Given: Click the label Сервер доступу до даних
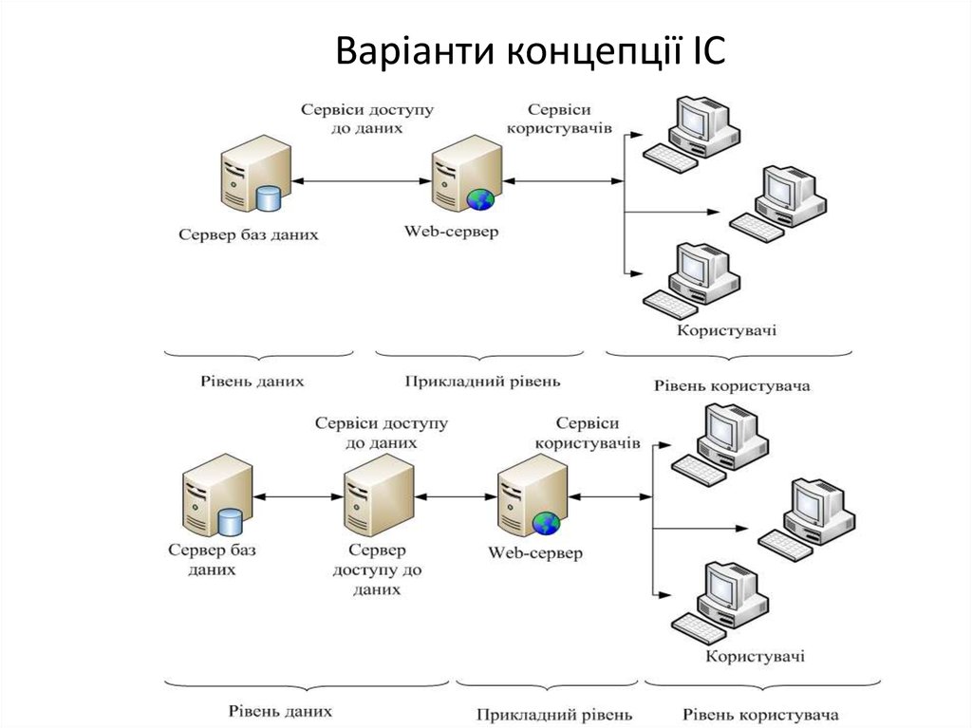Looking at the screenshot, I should point(377,569).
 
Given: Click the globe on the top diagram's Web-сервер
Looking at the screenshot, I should point(480,199).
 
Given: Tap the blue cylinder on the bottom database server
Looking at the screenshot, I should point(231,521).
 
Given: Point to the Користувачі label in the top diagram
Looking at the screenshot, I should point(726,330).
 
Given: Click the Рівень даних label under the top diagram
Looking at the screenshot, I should point(252,382).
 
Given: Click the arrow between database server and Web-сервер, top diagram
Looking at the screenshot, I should point(359,180).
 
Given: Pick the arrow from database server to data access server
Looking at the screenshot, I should point(298,495).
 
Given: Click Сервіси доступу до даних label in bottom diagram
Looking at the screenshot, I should point(381,433).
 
